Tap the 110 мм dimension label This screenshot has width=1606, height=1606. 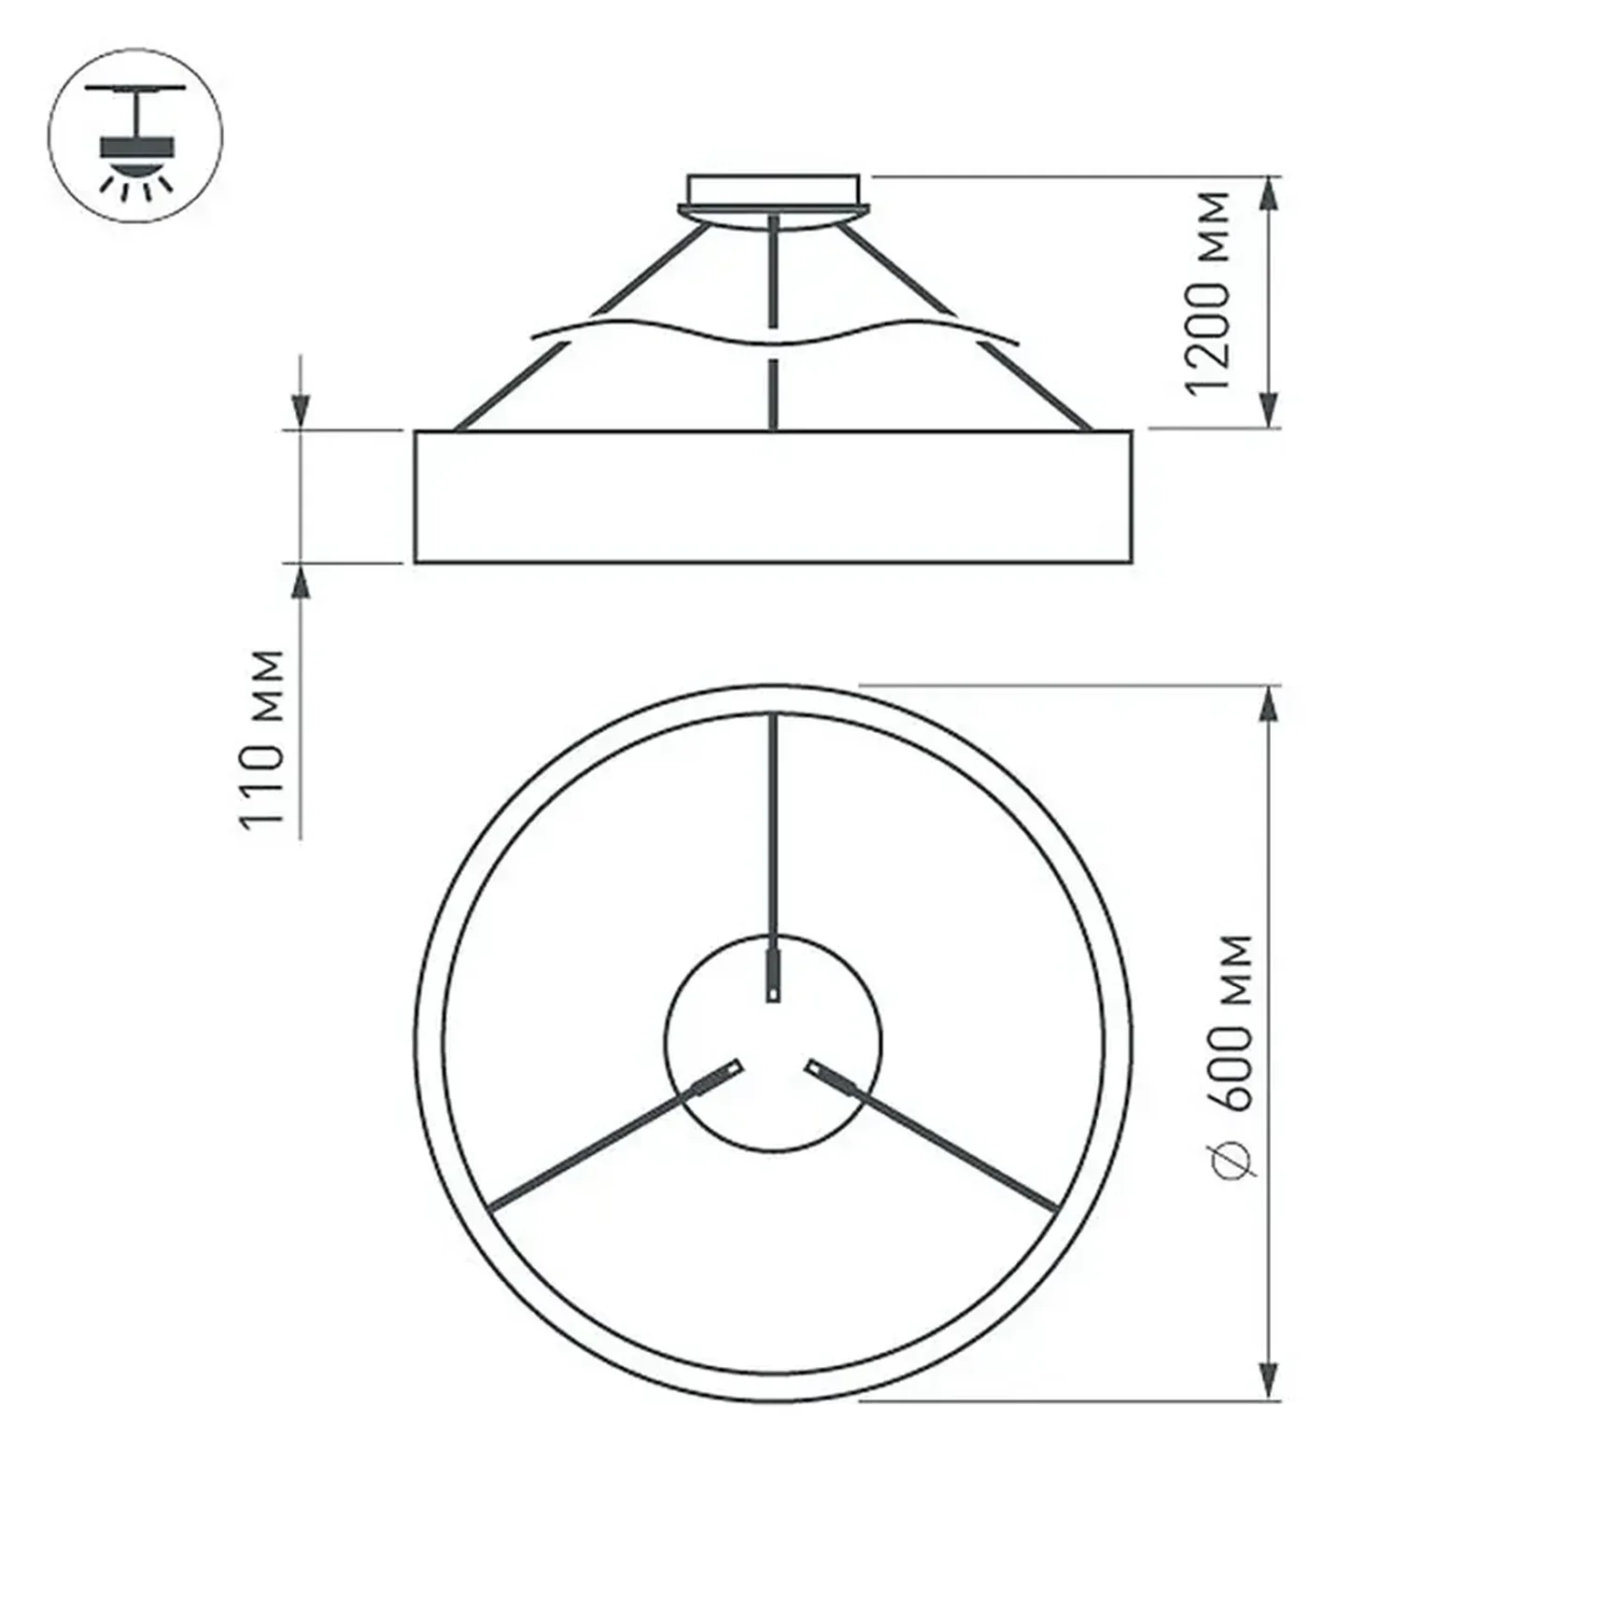pyautogui.click(x=262, y=738)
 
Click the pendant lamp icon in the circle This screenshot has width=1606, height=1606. pyautogui.click(x=136, y=136)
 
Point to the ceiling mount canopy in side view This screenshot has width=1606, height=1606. pyautogui.click(x=773, y=192)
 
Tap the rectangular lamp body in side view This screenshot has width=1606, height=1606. pyautogui.click(x=773, y=497)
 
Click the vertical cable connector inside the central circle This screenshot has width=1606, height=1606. pyautogui.click(x=773, y=975)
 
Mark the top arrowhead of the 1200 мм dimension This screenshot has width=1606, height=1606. pyautogui.click(x=1268, y=194)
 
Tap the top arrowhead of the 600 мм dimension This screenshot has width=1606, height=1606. pyautogui.click(x=1268, y=705)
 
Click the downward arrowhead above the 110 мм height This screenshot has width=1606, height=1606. pyautogui.click(x=301, y=409)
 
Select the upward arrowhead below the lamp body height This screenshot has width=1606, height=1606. pyautogui.click(x=301, y=585)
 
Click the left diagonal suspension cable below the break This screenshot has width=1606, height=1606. pyautogui.click(x=512, y=387)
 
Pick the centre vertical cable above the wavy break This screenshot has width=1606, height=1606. pyautogui.click(x=773, y=271)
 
